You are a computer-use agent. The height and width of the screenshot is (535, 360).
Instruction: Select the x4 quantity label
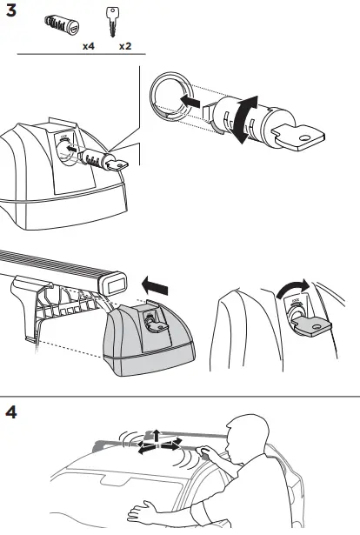[x=88, y=44]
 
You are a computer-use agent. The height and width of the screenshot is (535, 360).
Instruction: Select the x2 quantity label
[x=124, y=44]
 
